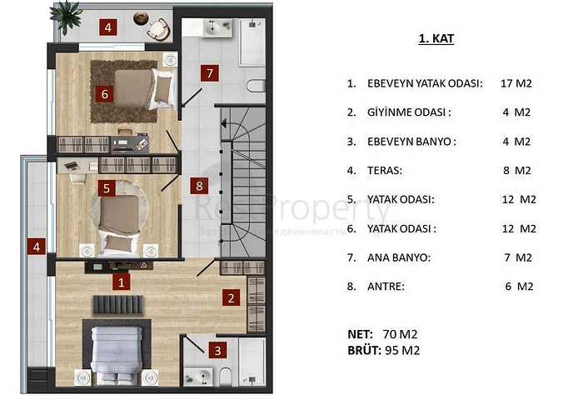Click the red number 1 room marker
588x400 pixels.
[x=122, y=282]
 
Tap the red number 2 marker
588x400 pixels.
[x=232, y=296]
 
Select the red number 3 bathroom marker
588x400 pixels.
[x=217, y=351]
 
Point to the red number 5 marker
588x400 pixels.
[x=106, y=188]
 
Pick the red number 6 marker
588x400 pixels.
[x=105, y=93]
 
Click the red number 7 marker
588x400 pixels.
[x=210, y=73]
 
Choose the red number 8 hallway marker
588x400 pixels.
[x=198, y=186]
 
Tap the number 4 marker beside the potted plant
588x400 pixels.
[x=110, y=27]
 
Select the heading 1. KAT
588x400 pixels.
[x=435, y=39]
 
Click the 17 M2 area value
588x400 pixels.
[x=517, y=83]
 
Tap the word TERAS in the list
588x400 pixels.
[x=385, y=170]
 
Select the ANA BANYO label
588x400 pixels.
[x=399, y=257]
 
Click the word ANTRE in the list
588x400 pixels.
[x=386, y=286]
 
